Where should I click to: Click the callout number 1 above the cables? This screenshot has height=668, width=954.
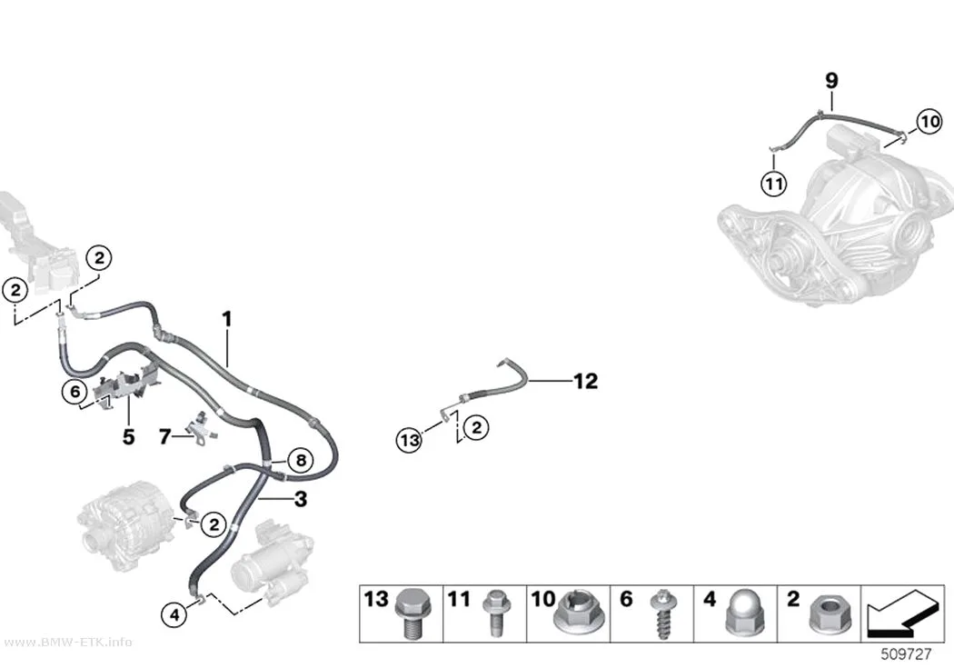click(x=227, y=319)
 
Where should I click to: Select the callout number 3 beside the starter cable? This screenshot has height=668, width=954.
click(x=301, y=500)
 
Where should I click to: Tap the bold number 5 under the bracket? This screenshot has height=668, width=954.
click(x=128, y=437)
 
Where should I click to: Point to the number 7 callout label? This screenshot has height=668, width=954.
click(x=164, y=437)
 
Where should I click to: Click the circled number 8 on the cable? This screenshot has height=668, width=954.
click(x=301, y=461)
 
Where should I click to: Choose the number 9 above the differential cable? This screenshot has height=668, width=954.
click(x=831, y=80)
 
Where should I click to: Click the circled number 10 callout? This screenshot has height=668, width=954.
click(x=929, y=122)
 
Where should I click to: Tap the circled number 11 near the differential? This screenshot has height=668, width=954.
click(x=774, y=183)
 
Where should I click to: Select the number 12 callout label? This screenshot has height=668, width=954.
click(x=586, y=382)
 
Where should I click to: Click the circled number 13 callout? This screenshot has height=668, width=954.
click(x=410, y=439)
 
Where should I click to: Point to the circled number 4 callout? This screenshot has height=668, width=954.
click(x=174, y=614)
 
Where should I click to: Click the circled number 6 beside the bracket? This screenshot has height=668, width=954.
click(x=75, y=391)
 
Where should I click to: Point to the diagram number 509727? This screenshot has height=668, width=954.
click(x=907, y=654)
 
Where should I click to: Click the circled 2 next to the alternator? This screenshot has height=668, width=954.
click(x=214, y=524)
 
